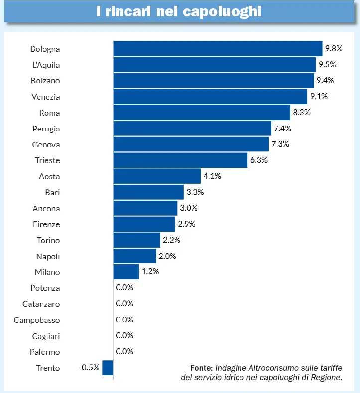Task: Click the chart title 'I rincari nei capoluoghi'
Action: [x=179, y=12]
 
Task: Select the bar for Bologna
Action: [x=218, y=49]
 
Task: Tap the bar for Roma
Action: [x=202, y=113]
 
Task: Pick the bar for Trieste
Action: [x=180, y=160]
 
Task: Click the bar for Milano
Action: [x=126, y=272]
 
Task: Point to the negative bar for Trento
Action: [x=108, y=368]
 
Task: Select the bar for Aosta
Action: [x=157, y=176]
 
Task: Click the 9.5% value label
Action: [x=328, y=65]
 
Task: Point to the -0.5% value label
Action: [x=89, y=368]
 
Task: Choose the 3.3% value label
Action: [x=195, y=192]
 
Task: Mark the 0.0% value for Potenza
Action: [x=124, y=288]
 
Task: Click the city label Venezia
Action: [x=45, y=97]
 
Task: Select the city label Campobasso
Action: [x=37, y=320]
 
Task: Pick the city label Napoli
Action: [x=48, y=256]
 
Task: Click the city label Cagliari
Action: [x=46, y=336]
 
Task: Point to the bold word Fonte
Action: [x=201, y=368]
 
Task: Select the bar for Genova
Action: [x=191, y=144]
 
